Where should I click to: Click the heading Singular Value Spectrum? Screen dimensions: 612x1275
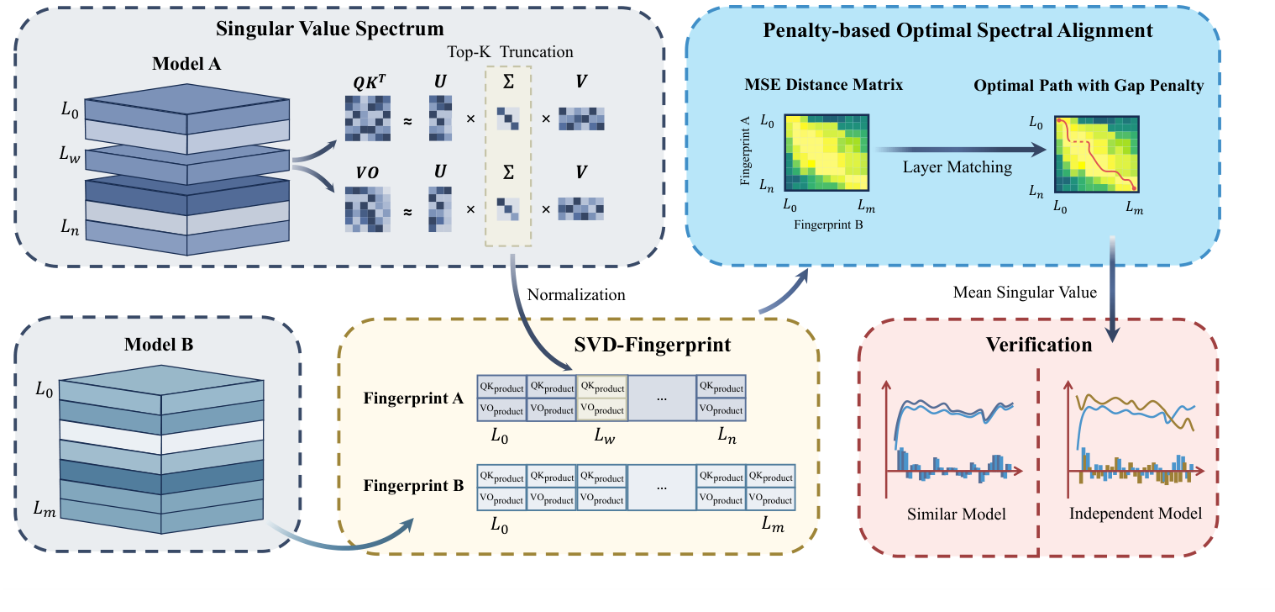coord(329,29)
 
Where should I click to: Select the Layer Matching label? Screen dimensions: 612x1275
coord(957,167)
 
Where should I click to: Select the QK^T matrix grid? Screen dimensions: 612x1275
coord(368,118)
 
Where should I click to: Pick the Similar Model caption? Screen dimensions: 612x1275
coord(956,514)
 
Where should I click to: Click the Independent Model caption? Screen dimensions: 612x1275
coord(1136,513)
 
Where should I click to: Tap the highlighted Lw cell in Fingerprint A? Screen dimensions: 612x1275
coord(601,397)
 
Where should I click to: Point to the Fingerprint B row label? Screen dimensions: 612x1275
coord(413,486)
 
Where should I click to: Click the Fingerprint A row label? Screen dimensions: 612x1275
coord(413,398)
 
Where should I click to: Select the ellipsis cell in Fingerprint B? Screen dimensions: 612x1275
coord(661,488)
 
